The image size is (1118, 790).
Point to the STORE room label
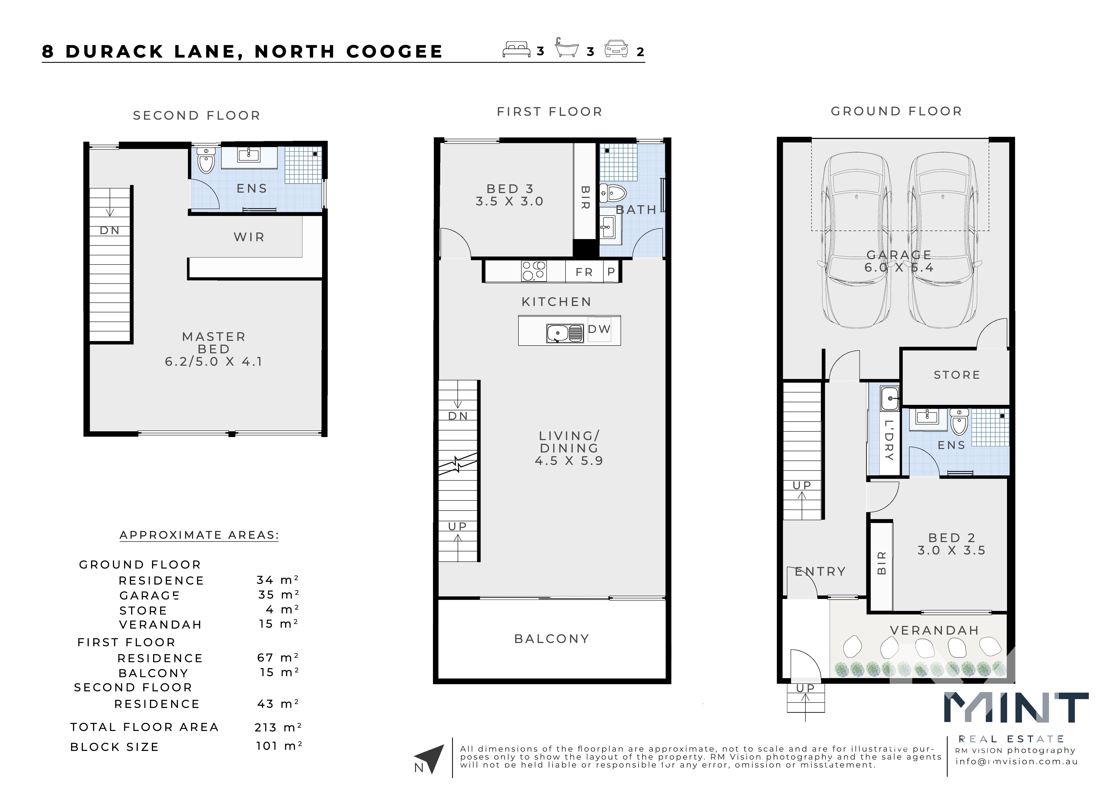(x=956, y=375)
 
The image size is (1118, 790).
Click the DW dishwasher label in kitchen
(x=599, y=329)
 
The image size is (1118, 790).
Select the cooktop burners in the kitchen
(x=534, y=271)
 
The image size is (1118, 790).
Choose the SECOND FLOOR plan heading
(x=197, y=115)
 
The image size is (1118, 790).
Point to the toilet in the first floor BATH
(x=612, y=193)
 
